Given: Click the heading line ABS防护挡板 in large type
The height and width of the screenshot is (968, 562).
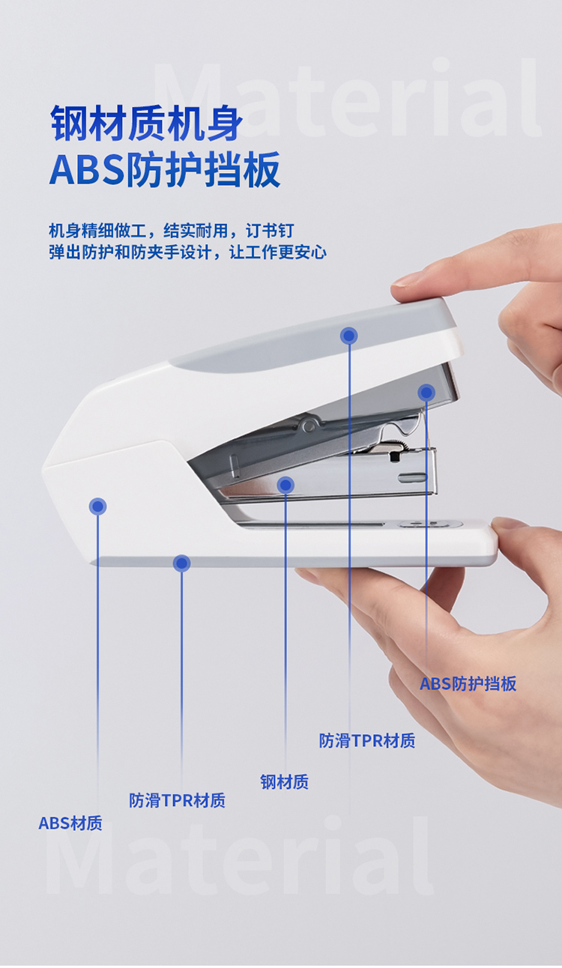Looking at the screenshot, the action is pos(165,169).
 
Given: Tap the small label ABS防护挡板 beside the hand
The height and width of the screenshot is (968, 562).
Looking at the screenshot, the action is pos(468,684).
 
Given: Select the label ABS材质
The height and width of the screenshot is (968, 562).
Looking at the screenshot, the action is pos(70,823).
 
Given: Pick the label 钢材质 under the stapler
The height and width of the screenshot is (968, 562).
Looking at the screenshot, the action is pos(285,782).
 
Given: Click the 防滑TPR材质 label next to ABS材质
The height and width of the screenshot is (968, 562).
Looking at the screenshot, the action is pos(178,800).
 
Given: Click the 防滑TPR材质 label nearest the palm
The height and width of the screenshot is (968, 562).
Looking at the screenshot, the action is pos(367,741).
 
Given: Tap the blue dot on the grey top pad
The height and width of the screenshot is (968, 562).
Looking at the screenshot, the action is pos(349,336).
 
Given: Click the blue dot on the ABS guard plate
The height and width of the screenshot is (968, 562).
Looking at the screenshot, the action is pos(426,393).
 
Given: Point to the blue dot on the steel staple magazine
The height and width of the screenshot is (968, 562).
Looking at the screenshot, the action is pos(285,485).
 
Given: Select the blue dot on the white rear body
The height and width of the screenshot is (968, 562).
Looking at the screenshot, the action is pos(97,506).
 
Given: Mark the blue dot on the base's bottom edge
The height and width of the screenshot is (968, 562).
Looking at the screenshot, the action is pos(181,563).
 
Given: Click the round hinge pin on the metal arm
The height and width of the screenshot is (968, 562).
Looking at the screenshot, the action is pos(308,426).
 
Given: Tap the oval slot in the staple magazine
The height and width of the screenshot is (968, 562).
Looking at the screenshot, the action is pos(412,477).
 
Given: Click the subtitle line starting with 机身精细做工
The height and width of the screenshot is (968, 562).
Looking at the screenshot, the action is pos(171,231).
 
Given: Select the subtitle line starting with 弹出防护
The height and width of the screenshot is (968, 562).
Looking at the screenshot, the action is pos(187,252).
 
